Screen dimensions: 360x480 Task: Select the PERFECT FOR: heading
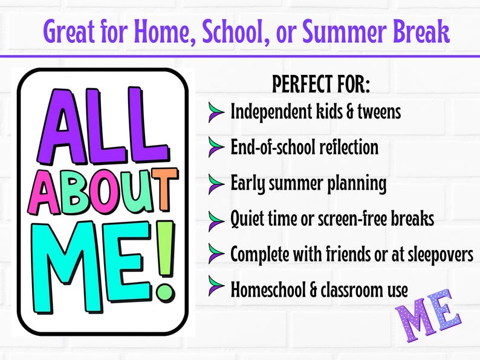click(320, 85)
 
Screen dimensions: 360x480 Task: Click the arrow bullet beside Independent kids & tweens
click(216, 112)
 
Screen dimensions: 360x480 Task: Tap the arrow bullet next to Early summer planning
click(216, 183)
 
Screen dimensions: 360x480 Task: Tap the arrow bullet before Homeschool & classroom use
click(216, 289)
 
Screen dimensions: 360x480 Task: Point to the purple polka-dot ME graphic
click(428, 314)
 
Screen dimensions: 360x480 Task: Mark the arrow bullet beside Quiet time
click(216, 219)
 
